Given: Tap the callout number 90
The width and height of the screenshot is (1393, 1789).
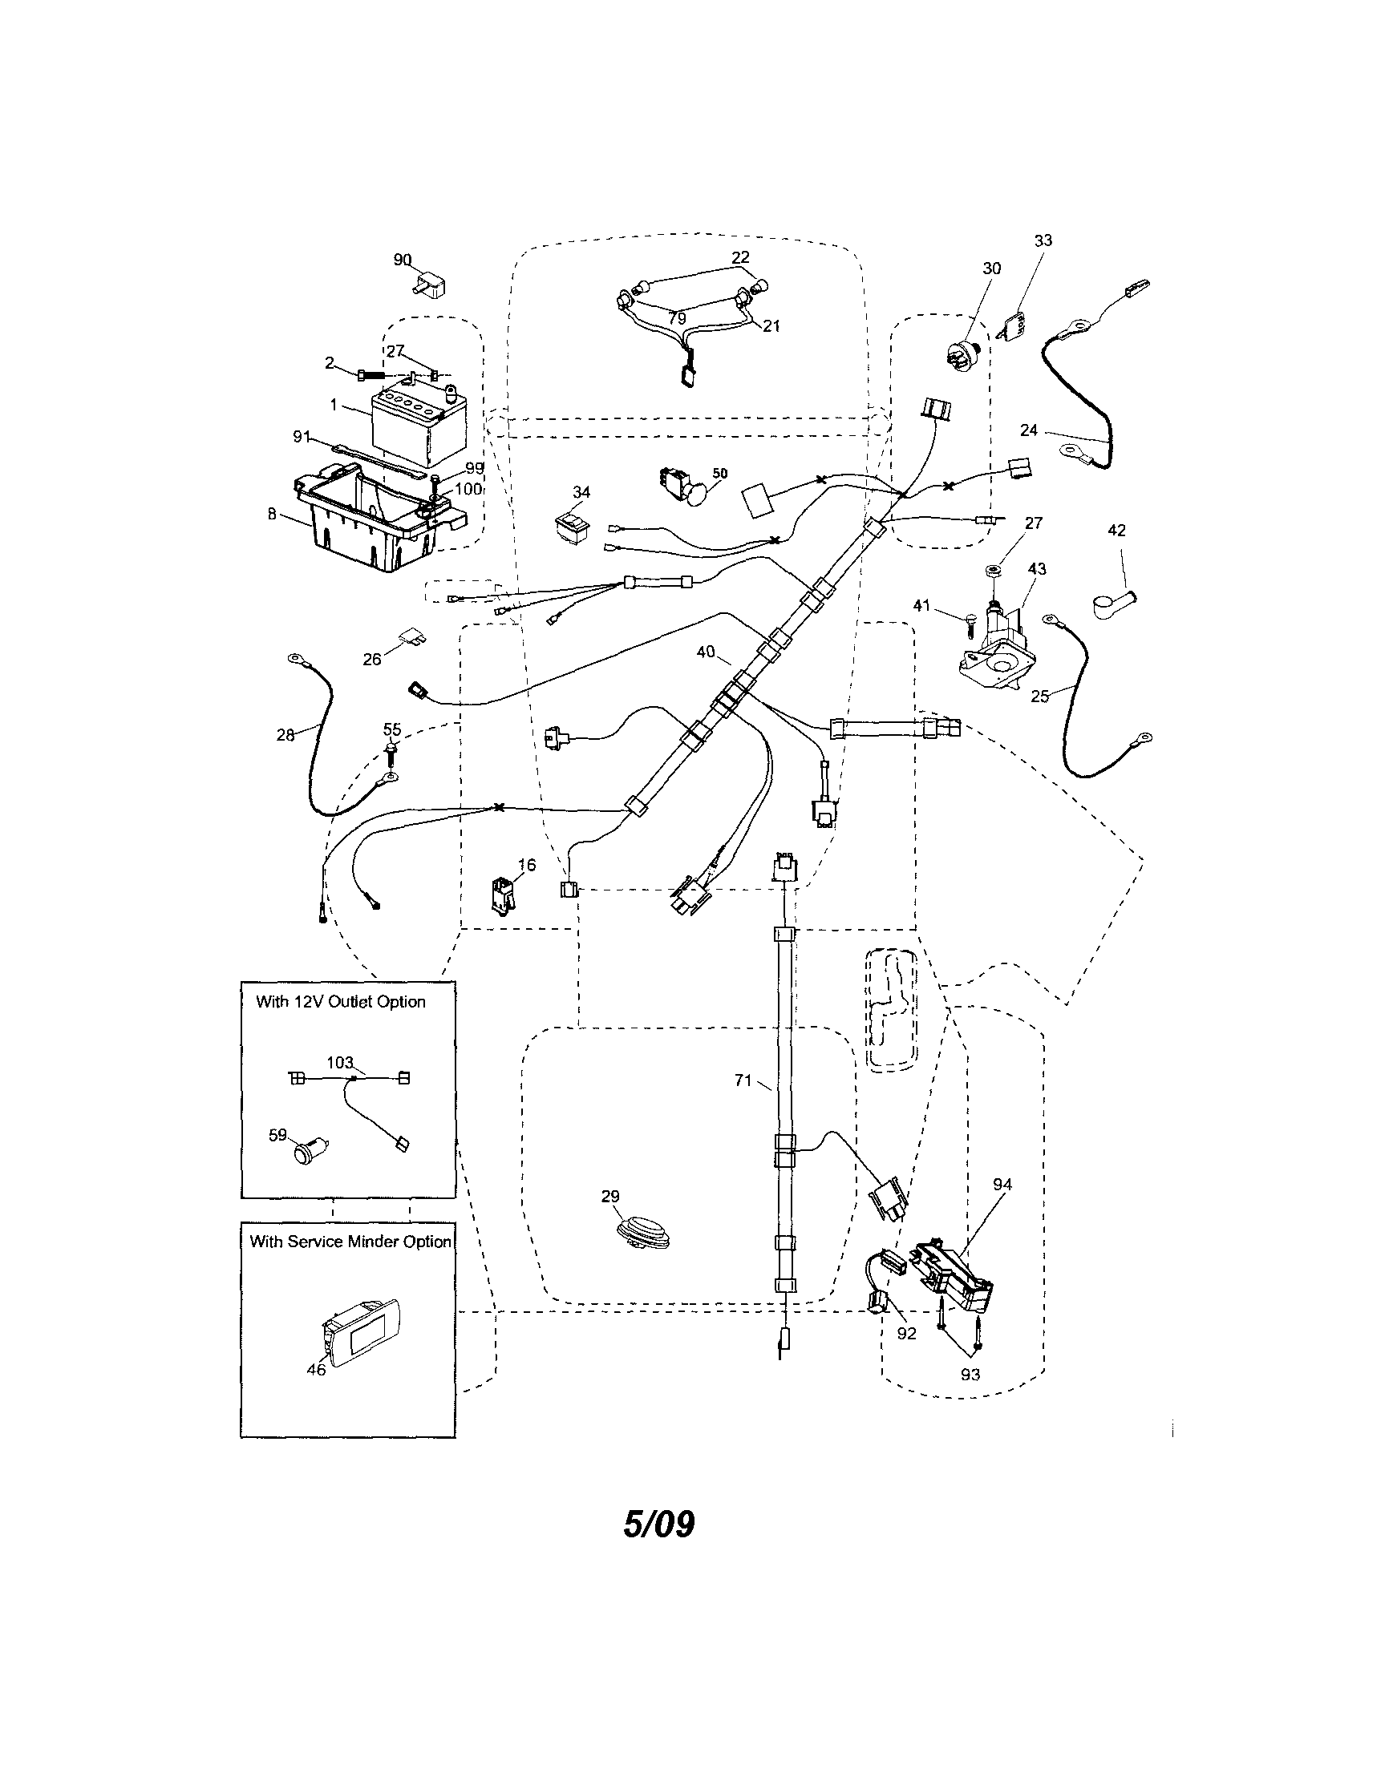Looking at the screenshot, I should (x=402, y=260).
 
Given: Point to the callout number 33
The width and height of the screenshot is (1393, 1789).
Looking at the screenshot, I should (x=1043, y=240).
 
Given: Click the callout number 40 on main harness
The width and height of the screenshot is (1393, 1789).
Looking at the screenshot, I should (x=706, y=652).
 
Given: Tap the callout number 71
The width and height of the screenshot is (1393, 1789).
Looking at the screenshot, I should (x=743, y=1080).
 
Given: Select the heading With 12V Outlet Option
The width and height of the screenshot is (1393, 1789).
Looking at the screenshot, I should (x=341, y=1002).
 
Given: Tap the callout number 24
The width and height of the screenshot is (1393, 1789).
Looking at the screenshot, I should (x=1029, y=430).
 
